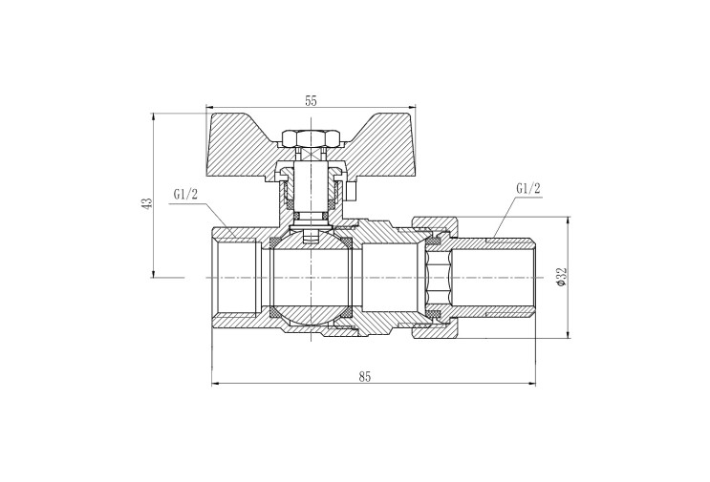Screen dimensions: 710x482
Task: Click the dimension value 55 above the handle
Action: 311,101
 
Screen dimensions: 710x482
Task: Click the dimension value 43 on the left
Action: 147,203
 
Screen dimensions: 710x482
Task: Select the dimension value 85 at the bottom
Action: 365,377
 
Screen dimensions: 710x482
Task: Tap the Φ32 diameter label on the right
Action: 561,277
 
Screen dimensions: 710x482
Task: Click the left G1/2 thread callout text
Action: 185,195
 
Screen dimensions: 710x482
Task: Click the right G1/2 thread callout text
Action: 528,189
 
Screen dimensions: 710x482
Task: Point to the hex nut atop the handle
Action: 311,138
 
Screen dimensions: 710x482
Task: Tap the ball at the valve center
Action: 311,277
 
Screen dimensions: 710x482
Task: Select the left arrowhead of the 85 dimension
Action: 216,384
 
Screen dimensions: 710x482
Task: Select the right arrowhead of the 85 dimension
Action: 531,384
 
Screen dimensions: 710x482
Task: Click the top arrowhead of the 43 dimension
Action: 154,116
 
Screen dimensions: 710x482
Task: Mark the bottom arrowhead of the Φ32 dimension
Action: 569,334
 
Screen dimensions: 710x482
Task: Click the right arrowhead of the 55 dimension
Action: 412,107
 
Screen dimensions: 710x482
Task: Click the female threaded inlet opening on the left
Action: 235,277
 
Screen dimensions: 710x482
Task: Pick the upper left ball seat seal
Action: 274,242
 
